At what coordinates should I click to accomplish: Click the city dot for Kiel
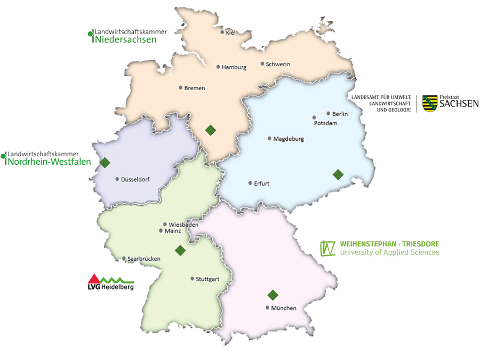tap(222, 33)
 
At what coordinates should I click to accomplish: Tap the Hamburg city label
tap(234, 68)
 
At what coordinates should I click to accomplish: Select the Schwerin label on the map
tap(277, 65)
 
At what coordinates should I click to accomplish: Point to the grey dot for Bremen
tap(181, 87)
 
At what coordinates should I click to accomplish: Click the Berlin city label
tap(340, 114)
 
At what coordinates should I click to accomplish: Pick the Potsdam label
tap(326, 123)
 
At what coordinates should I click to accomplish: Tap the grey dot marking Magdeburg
tap(269, 139)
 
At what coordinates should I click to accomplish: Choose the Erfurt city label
tap(261, 183)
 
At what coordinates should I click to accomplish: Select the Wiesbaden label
tap(183, 225)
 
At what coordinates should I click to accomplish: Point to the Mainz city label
tap(173, 231)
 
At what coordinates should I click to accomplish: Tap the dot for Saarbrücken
tap(124, 259)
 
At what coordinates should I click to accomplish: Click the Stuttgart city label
tap(207, 279)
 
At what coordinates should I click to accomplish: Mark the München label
tap(283, 308)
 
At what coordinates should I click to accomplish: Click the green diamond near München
tap(273, 295)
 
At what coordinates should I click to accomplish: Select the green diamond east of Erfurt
tap(338, 174)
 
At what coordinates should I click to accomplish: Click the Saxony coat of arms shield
tap(430, 103)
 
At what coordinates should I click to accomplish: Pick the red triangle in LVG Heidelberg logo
tap(94, 278)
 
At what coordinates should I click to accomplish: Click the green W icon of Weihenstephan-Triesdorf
tap(327, 248)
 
